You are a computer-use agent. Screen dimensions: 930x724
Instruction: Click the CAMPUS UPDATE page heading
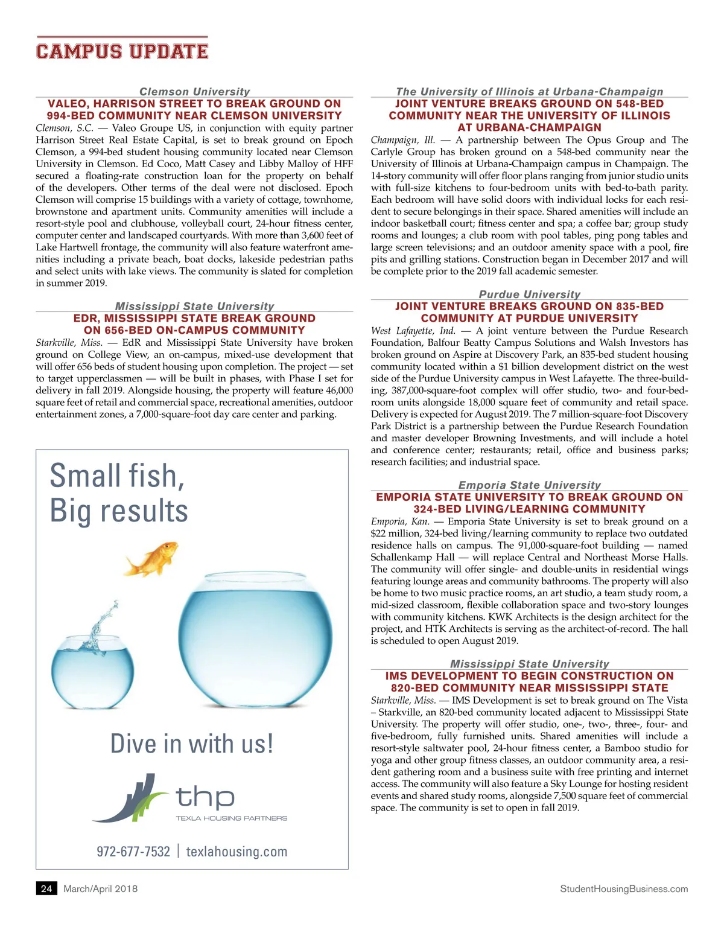point(122,51)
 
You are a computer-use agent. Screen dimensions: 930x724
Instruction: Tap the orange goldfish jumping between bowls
point(152,558)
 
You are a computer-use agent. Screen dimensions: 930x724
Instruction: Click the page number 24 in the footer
point(46,888)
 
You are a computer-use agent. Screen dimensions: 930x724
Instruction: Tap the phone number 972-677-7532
point(133,852)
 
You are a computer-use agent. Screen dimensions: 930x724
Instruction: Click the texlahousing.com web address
point(237,852)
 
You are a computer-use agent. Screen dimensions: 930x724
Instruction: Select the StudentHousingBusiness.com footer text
point(624,888)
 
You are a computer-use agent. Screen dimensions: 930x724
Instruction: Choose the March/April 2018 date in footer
point(100,888)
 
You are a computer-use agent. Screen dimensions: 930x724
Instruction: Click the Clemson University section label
point(194,92)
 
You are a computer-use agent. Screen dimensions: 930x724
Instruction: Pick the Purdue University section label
point(529,295)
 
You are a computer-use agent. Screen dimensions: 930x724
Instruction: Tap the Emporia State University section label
point(529,485)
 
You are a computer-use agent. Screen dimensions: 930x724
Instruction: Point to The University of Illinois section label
point(529,92)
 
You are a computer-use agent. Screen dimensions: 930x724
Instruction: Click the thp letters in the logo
point(205,798)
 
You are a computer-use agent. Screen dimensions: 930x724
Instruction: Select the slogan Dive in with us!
point(192,744)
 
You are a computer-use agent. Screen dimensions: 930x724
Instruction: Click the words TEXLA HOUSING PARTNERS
point(231,818)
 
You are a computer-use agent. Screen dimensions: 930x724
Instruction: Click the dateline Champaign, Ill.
point(402,140)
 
